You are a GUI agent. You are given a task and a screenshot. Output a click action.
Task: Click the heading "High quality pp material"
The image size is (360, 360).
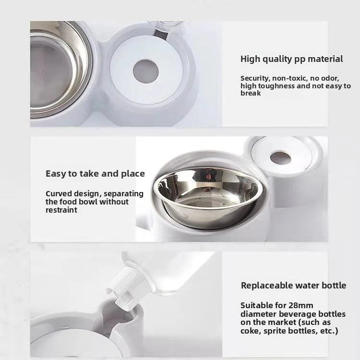[x=291, y=59]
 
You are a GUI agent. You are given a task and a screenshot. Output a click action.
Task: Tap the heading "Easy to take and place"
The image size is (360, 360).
[x=95, y=174]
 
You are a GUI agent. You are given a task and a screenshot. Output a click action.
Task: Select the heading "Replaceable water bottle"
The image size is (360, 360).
[x=293, y=286]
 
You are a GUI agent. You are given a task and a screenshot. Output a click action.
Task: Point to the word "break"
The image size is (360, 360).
[x=251, y=93]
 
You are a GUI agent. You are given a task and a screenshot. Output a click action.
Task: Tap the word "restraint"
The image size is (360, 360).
[x=61, y=210]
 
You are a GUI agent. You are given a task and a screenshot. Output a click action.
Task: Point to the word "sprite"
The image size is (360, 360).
[x=277, y=331]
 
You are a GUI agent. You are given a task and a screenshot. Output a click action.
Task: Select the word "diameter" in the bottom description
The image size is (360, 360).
[x=256, y=314]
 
